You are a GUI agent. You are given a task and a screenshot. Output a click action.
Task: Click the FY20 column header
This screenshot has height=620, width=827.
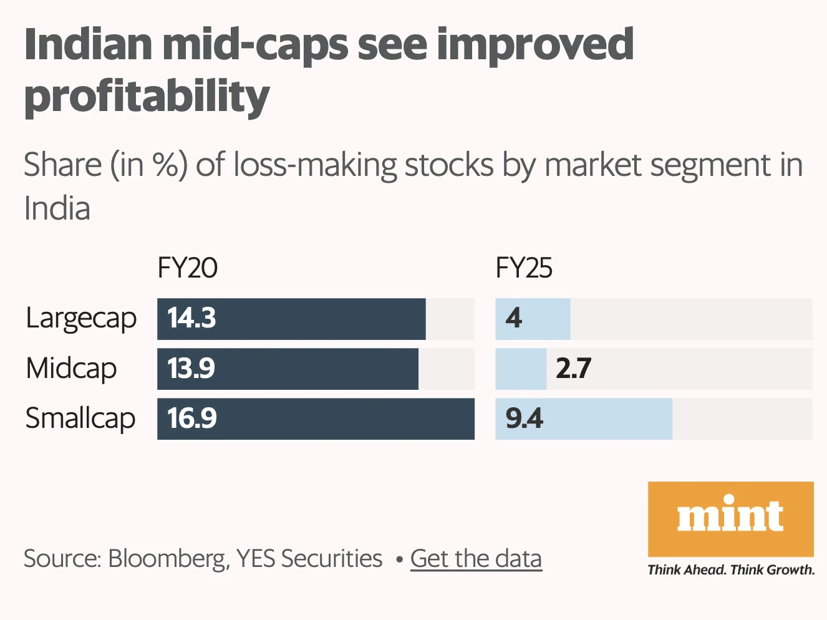point(187,268)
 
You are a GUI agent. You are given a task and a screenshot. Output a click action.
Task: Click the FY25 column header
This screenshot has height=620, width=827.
point(524,268)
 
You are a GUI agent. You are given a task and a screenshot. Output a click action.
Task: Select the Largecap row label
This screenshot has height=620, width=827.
point(81,319)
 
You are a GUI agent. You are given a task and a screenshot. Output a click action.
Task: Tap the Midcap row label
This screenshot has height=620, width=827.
point(71,369)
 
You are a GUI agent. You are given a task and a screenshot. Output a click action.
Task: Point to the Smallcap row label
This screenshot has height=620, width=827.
point(80,419)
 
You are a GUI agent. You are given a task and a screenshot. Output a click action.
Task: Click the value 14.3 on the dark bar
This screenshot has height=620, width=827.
point(191,318)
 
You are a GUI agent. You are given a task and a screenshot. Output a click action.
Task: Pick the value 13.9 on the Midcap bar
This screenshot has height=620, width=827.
point(191,369)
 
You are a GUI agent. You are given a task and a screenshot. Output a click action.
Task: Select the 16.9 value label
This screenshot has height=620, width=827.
point(191,419)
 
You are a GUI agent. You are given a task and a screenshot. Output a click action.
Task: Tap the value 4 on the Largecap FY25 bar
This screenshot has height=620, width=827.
point(513,318)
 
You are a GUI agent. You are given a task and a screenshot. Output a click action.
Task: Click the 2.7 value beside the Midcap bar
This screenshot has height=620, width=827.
point(573,369)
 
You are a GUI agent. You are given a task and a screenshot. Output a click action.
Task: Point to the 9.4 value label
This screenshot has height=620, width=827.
point(524,419)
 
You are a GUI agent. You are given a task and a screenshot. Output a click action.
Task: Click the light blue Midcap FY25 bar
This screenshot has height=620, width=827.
point(520,369)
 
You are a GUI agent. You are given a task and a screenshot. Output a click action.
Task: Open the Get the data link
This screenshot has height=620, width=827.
point(476,559)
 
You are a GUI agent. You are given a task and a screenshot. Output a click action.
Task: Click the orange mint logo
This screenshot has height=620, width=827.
point(730,518)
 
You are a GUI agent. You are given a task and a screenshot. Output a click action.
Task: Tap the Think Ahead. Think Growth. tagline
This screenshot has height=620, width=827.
point(731,569)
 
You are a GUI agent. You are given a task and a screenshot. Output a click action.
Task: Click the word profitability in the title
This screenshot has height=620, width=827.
point(147,97)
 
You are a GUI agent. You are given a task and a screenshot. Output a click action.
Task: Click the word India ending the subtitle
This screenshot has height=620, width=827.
point(57,208)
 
